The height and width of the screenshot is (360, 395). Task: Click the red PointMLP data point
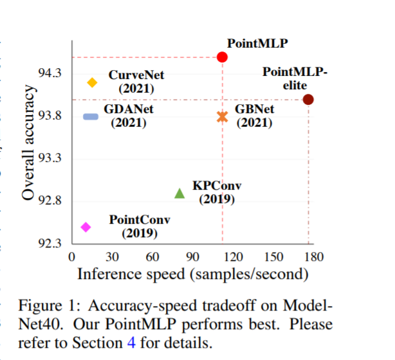222,57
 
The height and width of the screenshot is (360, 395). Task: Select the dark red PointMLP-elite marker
308,99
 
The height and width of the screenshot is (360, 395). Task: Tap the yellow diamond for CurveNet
92,82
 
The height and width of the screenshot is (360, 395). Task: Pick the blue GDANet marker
91,116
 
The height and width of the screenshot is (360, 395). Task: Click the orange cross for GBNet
222,116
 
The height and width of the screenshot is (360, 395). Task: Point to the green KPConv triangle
179,193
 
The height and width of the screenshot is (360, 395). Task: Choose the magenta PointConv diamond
86,227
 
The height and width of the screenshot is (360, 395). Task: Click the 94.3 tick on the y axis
50,73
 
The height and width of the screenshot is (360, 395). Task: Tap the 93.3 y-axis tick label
50,158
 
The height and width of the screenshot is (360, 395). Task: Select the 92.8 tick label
50,201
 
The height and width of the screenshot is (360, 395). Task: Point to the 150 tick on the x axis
273,257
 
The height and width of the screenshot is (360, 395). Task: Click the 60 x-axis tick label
152,257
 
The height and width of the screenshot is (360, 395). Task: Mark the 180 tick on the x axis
314,257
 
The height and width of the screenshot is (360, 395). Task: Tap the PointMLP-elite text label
295,77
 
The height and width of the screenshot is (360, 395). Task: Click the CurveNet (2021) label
136,82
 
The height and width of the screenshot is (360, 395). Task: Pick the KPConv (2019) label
217,192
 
